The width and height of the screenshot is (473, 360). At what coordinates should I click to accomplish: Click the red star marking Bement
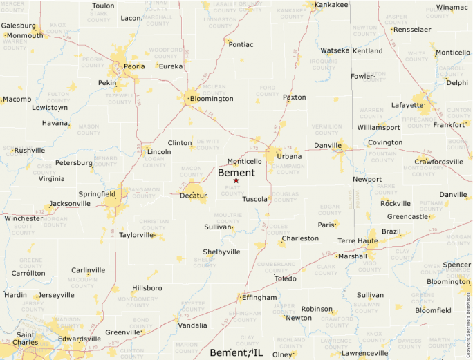236,180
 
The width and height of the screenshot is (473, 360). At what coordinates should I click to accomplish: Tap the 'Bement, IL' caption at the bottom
236,353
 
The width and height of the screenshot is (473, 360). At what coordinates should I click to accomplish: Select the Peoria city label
134,66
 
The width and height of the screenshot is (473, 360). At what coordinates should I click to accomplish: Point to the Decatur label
193,196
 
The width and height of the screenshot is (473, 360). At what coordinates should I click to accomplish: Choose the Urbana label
289,156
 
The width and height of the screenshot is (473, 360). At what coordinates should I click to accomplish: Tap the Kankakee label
331,5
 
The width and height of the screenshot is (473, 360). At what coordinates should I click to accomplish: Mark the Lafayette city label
407,105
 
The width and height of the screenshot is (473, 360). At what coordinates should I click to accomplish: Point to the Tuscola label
254,199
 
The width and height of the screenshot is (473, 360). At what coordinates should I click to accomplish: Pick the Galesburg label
18,26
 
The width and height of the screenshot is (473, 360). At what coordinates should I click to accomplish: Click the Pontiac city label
241,44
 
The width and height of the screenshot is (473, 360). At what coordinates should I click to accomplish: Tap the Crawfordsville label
438,162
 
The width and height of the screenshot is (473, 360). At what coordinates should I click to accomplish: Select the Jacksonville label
70,204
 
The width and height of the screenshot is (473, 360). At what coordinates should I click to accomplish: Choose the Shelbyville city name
221,252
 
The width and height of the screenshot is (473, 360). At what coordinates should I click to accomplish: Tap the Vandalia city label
192,325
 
